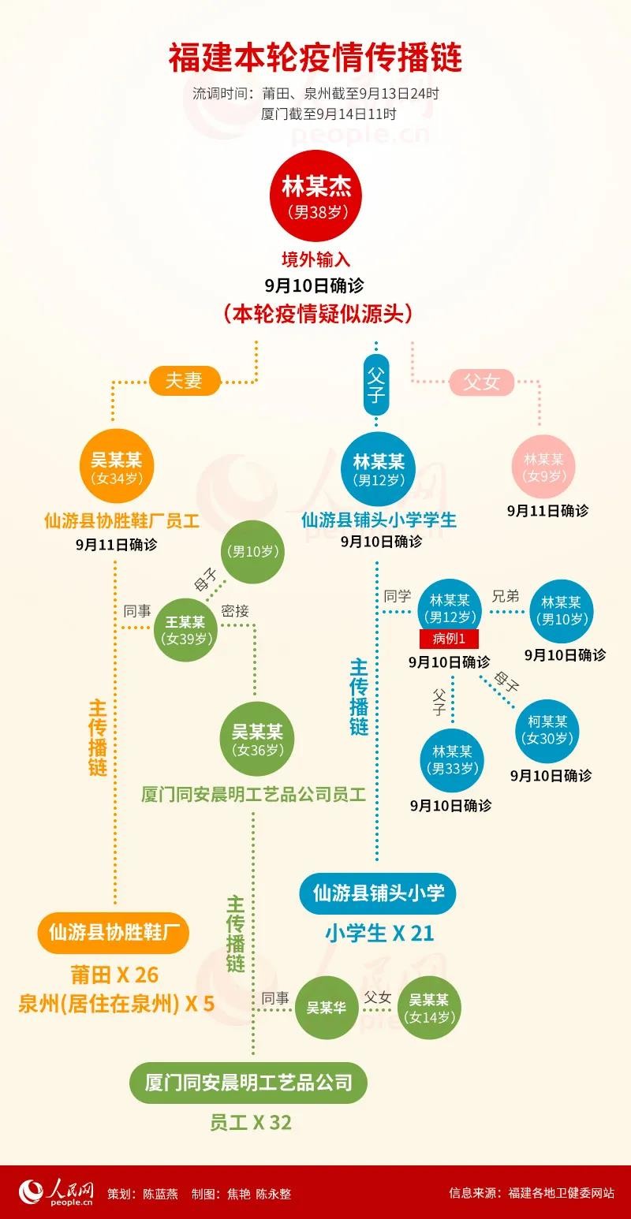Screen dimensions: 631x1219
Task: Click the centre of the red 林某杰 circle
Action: [x=316, y=196]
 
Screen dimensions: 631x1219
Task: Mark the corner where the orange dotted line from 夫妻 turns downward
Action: [x=113, y=382]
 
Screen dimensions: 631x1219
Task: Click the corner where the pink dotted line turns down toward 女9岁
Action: [x=540, y=381]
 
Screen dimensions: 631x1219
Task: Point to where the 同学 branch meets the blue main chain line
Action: [x=377, y=612]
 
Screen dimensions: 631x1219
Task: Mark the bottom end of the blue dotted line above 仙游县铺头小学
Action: [x=377, y=859]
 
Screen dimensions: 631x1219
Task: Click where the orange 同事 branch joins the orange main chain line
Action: [x=115, y=628]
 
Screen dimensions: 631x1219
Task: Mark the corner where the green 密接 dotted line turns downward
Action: [x=254, y=625]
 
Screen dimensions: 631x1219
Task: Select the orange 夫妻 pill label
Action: [x=184, y=380]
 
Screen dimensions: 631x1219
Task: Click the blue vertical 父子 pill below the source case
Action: [x=376, y=384]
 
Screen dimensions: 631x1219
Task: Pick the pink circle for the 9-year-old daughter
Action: [x=544, y=467]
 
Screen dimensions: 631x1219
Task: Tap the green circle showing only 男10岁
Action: [x=252, y=552]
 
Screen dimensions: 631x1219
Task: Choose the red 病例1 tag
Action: [x=449, y=639]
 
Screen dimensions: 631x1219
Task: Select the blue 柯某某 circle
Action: [x=547, y=731]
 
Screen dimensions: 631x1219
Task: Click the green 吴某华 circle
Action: [x=326, y=1008]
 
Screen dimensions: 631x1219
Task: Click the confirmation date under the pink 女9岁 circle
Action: [x=547, y=511]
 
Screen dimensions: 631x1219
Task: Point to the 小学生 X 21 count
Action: [x=379, y=934]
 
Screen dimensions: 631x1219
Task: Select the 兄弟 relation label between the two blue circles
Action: [x=506, y=596]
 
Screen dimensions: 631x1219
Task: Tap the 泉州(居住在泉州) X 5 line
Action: [x=117, y=1003]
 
